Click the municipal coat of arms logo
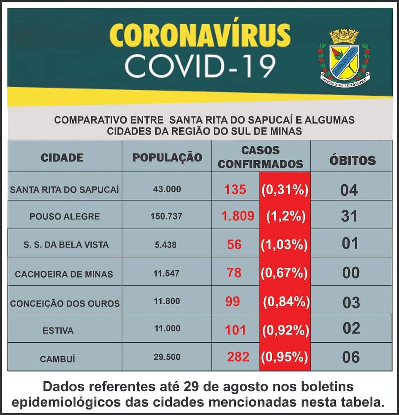[344, 57]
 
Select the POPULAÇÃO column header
[167, 157]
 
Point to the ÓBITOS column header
[352, 160]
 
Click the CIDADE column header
[62, 158]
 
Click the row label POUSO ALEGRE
[65, 216]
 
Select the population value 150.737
[166, 216]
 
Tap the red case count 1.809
[238, 216]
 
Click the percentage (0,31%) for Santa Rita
[285, 189]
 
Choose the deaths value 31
[349, 216]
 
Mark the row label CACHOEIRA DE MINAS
[64, 274]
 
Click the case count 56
[234, 244]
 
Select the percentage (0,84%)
[286, 302]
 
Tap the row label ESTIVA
[58, 330]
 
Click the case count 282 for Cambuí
[238, 357]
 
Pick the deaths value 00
[351, 273]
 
